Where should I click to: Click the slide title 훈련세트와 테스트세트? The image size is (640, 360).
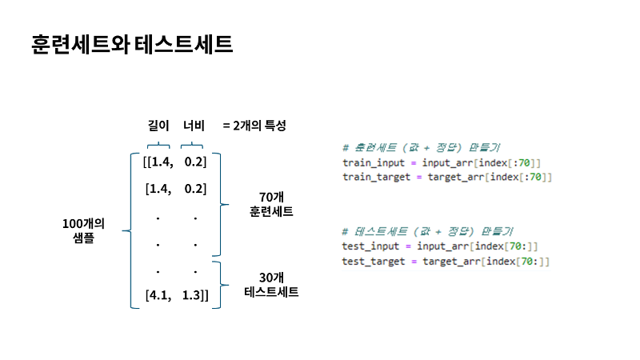[132, 44]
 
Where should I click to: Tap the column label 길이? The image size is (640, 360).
[158, 126]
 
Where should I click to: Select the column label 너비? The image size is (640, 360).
[194, 126]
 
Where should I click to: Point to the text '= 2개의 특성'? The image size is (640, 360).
[254, 126]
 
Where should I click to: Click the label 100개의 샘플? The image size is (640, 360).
[84, 230]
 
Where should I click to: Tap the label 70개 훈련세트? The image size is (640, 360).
[271, 205]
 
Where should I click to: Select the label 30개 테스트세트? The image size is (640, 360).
[271, 285]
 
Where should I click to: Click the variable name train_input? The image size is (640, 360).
[374, 163]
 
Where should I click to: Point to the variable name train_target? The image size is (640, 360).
[376, 177]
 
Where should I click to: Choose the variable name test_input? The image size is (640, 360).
[370, 246]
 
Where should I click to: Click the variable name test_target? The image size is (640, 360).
[374, 262]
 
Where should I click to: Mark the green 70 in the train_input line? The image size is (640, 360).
[524, 163]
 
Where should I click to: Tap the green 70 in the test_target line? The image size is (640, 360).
[526, 262]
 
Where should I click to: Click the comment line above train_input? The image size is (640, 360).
[422, 147]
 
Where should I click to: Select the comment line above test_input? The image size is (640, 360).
[427, 231]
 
